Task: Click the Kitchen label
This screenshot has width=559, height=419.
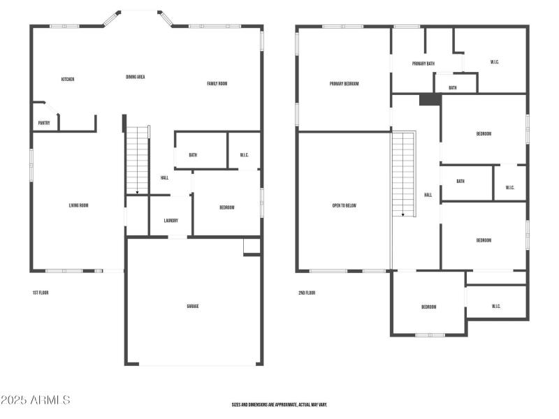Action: (x=68, y=80)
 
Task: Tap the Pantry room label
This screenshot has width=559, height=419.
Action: (x=44, y=124)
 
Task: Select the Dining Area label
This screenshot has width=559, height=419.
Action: (x=136, y=77)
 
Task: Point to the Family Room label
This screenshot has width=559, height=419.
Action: (x=217, y=84)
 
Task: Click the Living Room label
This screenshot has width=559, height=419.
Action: (x=78, y=205)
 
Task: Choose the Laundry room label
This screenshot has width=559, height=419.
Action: (x=170, y=221)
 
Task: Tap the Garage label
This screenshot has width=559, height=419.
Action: (x=193, y=306)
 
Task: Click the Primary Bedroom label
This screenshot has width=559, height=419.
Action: (x=344, y=84)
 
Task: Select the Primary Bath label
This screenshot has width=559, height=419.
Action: (x=423, y=64)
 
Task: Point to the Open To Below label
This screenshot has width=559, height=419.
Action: (x=344, y=205)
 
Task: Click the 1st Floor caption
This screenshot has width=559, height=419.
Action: (x=41, y=293)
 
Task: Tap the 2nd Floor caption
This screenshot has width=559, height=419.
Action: (x=307, y=293)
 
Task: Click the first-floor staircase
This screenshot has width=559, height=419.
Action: (x=138, y=160)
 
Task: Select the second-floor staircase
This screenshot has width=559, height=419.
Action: (x=402, y=174)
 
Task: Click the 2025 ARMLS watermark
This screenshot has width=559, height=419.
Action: (x=35, y=400)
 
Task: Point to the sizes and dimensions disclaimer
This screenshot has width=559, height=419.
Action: (x=279, y=404)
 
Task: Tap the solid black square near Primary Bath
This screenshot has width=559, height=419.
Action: (x=430, y=100)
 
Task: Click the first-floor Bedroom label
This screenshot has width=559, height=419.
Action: (x=226, y=207)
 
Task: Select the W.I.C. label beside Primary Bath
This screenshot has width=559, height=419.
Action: (x=495, y=62)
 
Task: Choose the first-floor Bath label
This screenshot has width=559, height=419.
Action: (x=192, y=155)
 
